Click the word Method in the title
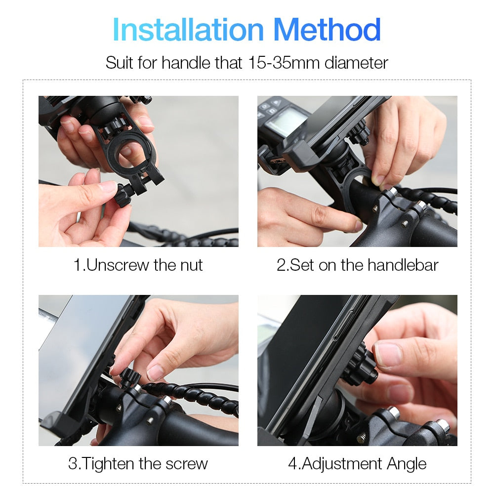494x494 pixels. coord(327,30)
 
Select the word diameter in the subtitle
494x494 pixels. coord(356,63)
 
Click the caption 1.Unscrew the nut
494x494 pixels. coord(138,265)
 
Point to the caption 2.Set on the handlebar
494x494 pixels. coord(357,265)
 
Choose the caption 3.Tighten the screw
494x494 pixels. coord(138,463)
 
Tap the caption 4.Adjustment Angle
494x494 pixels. coord(357,463)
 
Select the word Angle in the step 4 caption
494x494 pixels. coord(407,463)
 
